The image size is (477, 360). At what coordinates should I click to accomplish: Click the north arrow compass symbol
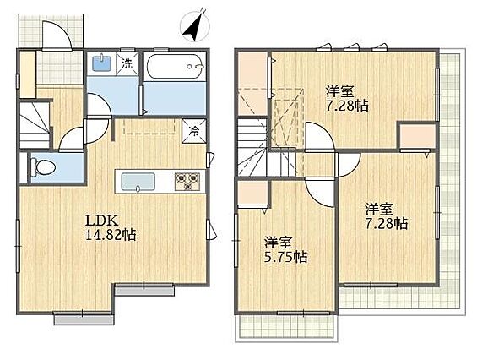pyautogui.click(x=195, y=25)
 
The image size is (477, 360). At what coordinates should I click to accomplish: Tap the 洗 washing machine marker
pyautogui.click(x=127, y=63)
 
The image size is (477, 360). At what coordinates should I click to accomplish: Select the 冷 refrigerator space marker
pyautogui.click(x=193, y=131)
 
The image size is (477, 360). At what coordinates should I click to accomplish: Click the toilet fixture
pyautogui.click(x=43, y=167)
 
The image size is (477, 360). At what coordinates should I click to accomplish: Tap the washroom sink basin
pyautogui.click(x=101, y=63)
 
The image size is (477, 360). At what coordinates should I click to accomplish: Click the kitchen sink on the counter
pyautogui.click(x=138, y=182)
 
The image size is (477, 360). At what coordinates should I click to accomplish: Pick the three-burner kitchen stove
pyautogui.click(x=187, y=181)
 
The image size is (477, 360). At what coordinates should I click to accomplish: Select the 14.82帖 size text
pyautogui.click(x=111, y=235)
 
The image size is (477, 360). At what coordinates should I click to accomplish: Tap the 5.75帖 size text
pyautogui.click(x=285, y=258)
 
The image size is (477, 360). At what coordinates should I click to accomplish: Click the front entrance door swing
pyautogui.click(x=57, y=35)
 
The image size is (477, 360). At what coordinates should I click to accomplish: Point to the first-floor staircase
pyautogui.click(x=35, y=125)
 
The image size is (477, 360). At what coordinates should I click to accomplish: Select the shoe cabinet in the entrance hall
pyautogui.click(x=28, y=74)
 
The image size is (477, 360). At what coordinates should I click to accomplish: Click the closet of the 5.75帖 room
pyautogui.click(x=252, y=193)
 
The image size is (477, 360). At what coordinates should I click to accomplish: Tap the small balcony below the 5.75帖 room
pyautogui.click(x=286, y=328)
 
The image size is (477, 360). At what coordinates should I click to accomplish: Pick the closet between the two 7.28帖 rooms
pyautogui.click(x=418, y=136)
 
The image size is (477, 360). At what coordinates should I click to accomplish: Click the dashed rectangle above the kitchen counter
pyautogui.click(x=149, y=127)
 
